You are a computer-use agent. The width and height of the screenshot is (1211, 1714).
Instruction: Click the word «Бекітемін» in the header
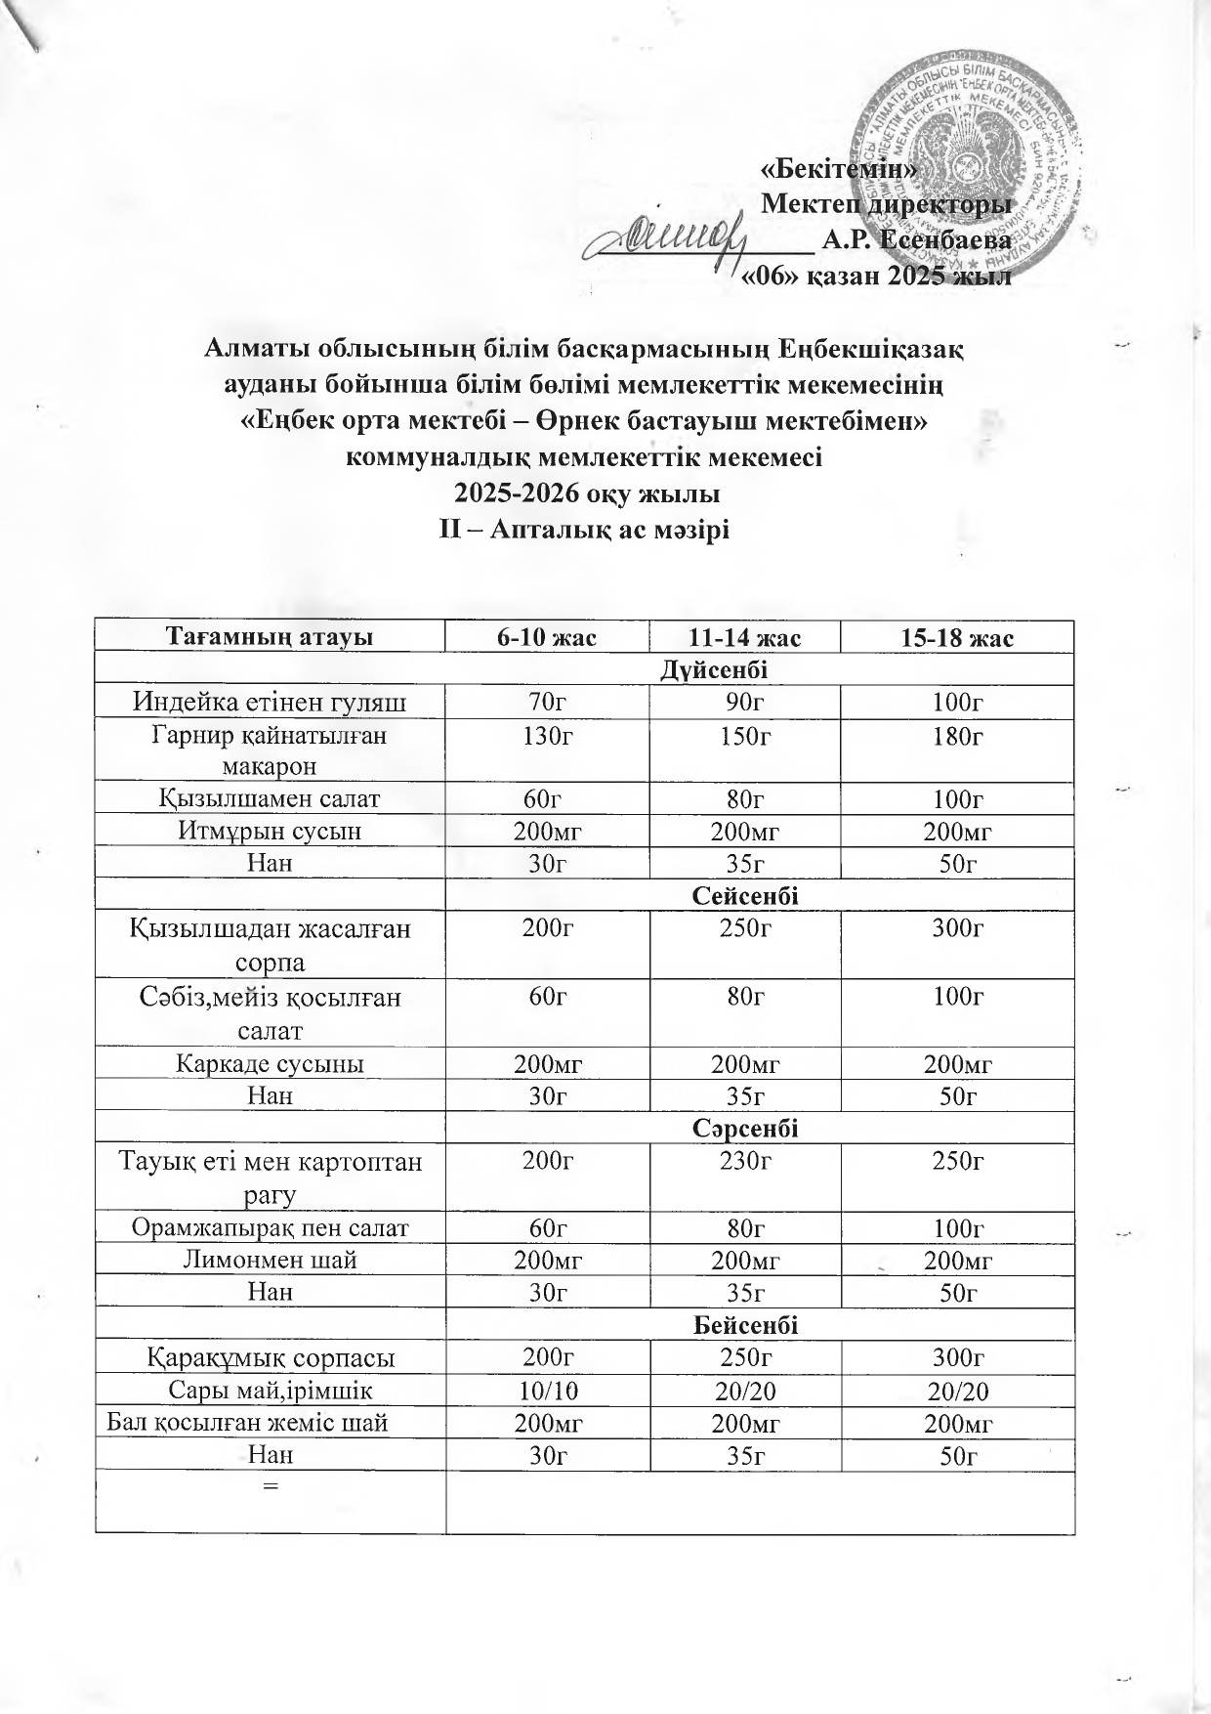pyautogui.click(x=838, y=169)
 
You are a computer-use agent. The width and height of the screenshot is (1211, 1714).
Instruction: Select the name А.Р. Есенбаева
pyautogui.click(x=916, y=239)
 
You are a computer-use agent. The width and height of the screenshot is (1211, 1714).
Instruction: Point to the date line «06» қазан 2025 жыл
pyautogui.click(x=875, y=276)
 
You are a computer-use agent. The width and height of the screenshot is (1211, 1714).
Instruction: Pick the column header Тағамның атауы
pyautogui.click(x=271, y=638)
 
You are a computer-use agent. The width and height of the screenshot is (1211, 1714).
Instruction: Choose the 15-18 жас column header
pyautogui.click(x=957, y=638)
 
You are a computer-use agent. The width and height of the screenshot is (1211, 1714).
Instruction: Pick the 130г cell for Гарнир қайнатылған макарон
pyautogui.click(x=547, y=735)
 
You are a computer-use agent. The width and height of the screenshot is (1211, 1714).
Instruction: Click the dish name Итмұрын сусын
pyautogui.click(x=271, y=831)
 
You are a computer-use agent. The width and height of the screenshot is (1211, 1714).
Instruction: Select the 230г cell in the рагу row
pyautogui.click(x=744, y=1161)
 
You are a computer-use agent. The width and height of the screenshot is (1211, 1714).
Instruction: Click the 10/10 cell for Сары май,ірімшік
pyautogui.click(x=547, y=1391)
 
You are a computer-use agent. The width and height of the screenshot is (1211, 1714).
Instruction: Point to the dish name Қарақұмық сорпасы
pyautogui.click(x=271, y=1357)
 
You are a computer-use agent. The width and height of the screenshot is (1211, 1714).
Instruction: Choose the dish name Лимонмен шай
pyautogui.click(x=271, y=1260)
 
